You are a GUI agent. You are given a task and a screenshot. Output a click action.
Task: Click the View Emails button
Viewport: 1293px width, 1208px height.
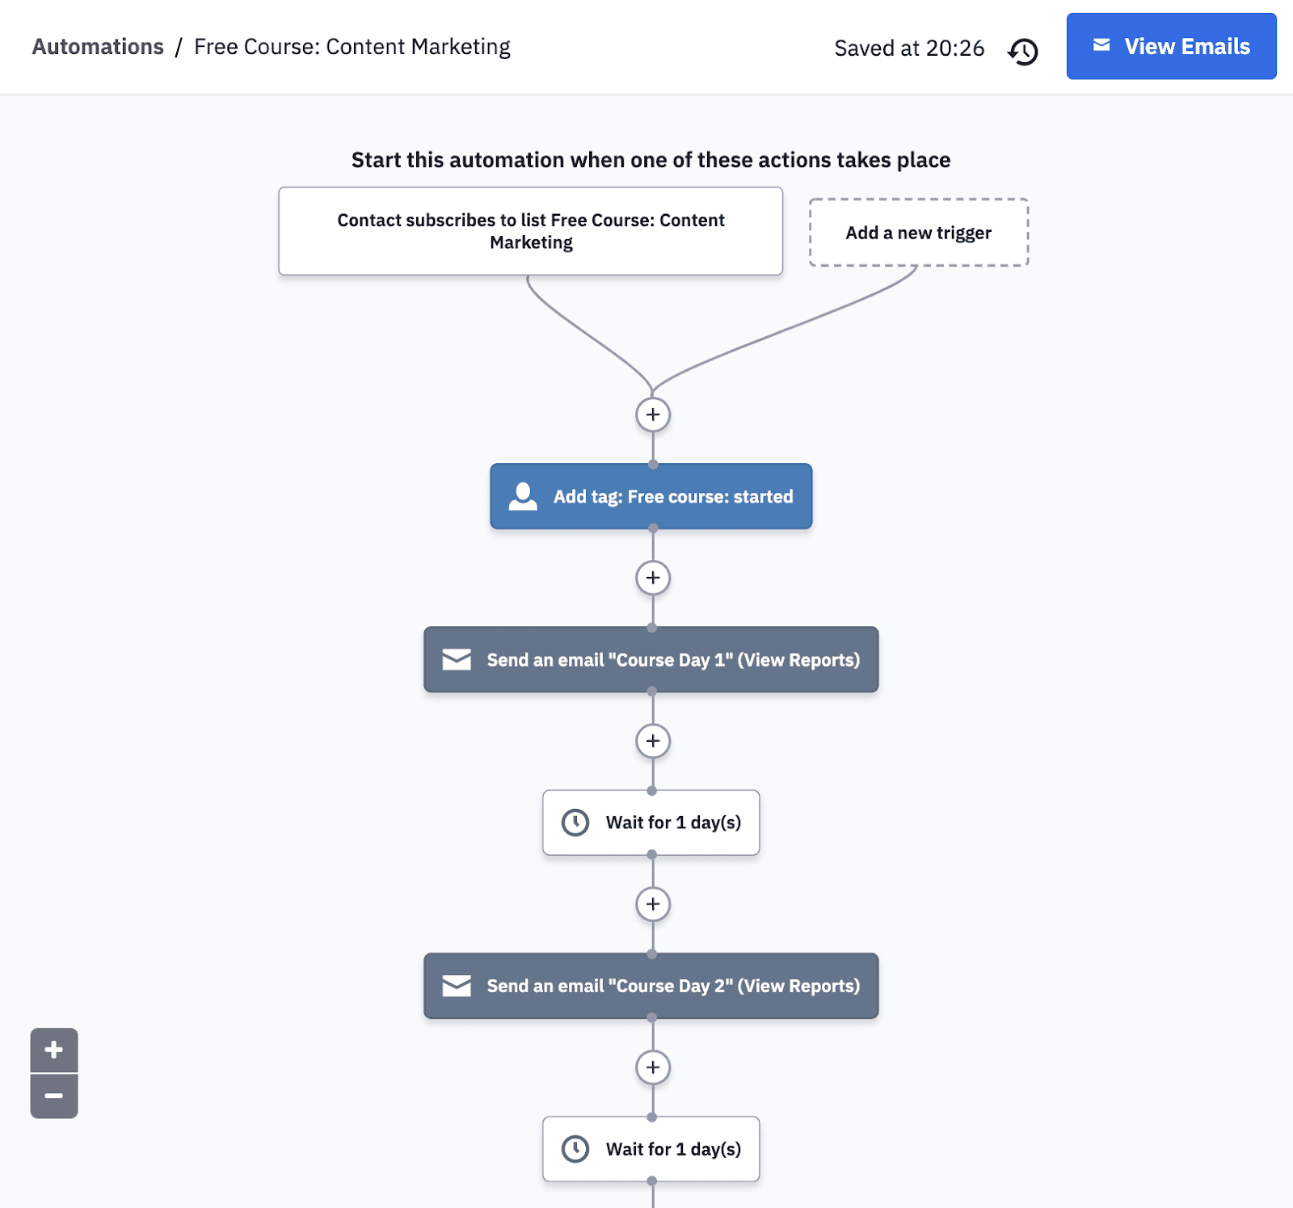(x=1171, y=46)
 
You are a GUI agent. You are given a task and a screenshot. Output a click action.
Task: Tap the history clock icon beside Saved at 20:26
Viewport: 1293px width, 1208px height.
(x=1023, y=51)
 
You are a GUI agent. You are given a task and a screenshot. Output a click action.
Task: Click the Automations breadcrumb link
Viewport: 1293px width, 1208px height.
(x=98, y=47)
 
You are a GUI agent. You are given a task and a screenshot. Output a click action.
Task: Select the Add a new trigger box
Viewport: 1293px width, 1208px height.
(x=919, y=233)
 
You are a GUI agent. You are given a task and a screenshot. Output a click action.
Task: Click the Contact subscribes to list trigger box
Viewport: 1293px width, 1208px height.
(x=530, y=231)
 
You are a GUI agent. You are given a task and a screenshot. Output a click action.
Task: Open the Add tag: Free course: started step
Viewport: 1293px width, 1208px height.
(x=651, y=496)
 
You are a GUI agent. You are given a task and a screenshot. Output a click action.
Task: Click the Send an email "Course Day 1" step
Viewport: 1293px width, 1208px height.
(x=651, y=659)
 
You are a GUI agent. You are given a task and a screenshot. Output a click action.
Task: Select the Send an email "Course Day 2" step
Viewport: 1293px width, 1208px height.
(x=651, y=986)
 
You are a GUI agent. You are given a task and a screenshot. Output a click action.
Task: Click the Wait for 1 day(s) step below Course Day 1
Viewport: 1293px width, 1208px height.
(x=651, y=823)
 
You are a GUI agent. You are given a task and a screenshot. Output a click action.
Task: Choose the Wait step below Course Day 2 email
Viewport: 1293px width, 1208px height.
(x=651, y=1149)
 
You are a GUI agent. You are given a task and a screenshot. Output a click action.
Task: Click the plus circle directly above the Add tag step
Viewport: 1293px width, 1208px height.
(x=653, y=415)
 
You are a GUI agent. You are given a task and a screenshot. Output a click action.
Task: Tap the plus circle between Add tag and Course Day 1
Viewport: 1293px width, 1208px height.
(x=653, y=578)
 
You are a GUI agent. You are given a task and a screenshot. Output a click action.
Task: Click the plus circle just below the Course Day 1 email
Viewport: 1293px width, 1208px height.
(x=653, y=741)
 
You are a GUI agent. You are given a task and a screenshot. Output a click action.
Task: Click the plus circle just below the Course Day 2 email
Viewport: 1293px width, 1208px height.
(x=653, y=1067)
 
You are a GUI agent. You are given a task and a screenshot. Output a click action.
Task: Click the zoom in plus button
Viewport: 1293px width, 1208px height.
(x=54, y=1050)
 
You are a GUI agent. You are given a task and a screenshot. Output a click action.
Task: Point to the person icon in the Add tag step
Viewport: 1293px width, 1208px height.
(x=523, y=496)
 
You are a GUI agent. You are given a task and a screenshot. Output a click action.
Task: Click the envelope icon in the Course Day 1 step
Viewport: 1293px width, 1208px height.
(x=457, y=659)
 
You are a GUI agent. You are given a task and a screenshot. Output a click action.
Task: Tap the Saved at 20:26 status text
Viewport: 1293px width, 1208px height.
(x=909, y=48)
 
